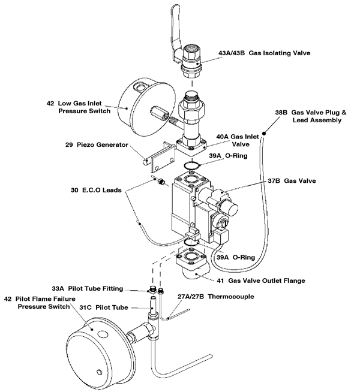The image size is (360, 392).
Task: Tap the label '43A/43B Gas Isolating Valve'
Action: click(x=277, y=53)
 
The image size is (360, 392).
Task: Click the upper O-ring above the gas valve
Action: click(x=191, y=166)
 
